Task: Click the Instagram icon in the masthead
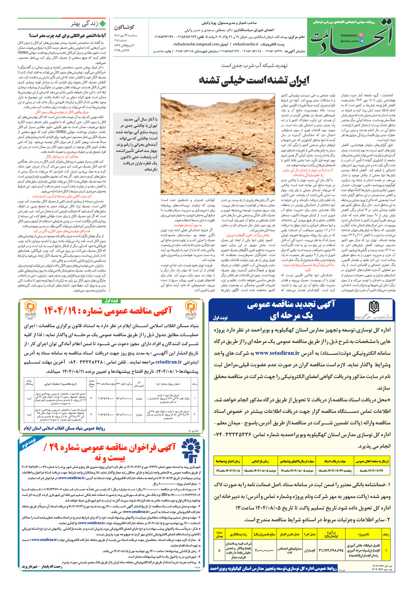pos(361,36)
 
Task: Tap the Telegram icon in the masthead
pos(361,41)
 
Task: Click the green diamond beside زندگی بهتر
pos(102,24)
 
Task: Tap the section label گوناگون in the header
pos(124,27)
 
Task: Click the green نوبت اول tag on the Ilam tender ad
pos(111,301)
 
